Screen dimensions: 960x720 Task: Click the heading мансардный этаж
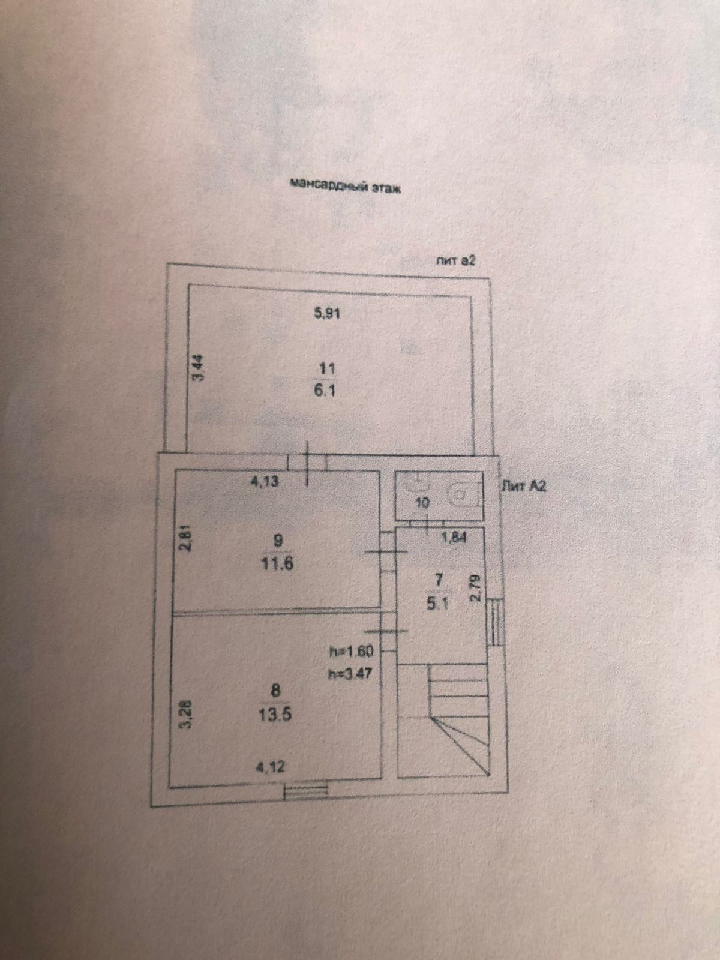click(x=344, y=185)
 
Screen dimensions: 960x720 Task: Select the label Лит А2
click(x=524, y=487)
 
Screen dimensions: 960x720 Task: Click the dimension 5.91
click(x=328, y=313)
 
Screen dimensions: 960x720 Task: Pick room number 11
click(x=328, y=369)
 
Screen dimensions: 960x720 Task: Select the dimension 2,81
click(x=186, y=538)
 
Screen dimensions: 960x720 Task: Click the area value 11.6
click(x=278, y=564)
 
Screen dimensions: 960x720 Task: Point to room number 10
click(x=422, y=503)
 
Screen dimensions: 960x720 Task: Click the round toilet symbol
click(x=458, y=494)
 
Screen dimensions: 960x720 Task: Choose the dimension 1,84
click(x=454, y=538)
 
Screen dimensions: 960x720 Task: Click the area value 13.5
click(x=277, y=715)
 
